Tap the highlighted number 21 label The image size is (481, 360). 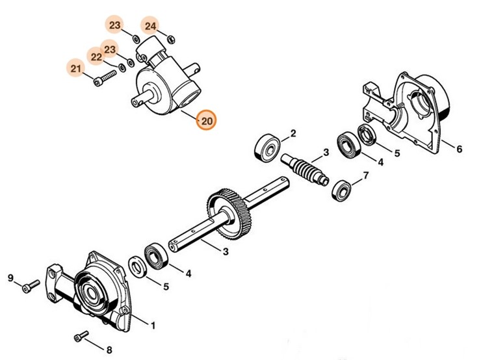(76, 68)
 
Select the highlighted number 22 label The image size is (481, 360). (96, 57)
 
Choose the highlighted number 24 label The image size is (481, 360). (150, 26)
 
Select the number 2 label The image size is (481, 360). (293, 134)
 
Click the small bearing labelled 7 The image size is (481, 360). (342, 190)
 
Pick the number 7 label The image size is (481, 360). (366, 175)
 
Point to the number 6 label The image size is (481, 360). (459, 149)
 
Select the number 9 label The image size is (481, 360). (10, 279)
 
